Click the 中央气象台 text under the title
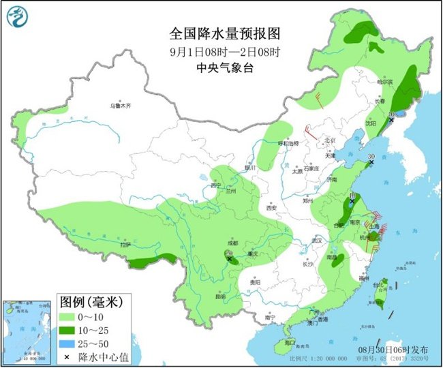[x=225, y=67]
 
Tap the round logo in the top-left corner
[x=20, y=18]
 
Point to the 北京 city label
[x=331, y=141]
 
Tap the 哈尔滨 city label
[x=386, y=81]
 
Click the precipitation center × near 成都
[x=230, y=258]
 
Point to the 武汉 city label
[x=315, y=241]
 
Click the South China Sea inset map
[x=27, y=331]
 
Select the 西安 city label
[x=274, y=206]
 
